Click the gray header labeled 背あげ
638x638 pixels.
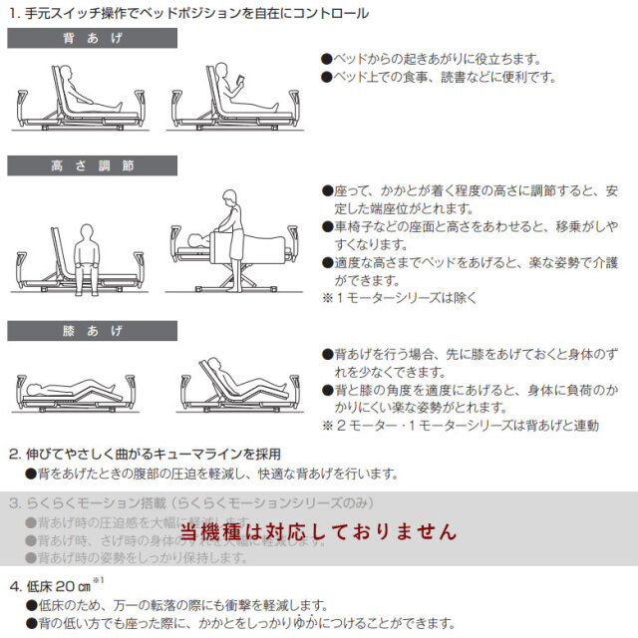(x=92, y=39)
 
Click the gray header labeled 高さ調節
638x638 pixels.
(x=92, y=165)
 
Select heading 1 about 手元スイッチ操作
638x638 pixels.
(x=189, y=13)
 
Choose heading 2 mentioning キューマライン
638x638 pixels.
(x=146, y=454)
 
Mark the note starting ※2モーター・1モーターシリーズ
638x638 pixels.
(x=460, y=426)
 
